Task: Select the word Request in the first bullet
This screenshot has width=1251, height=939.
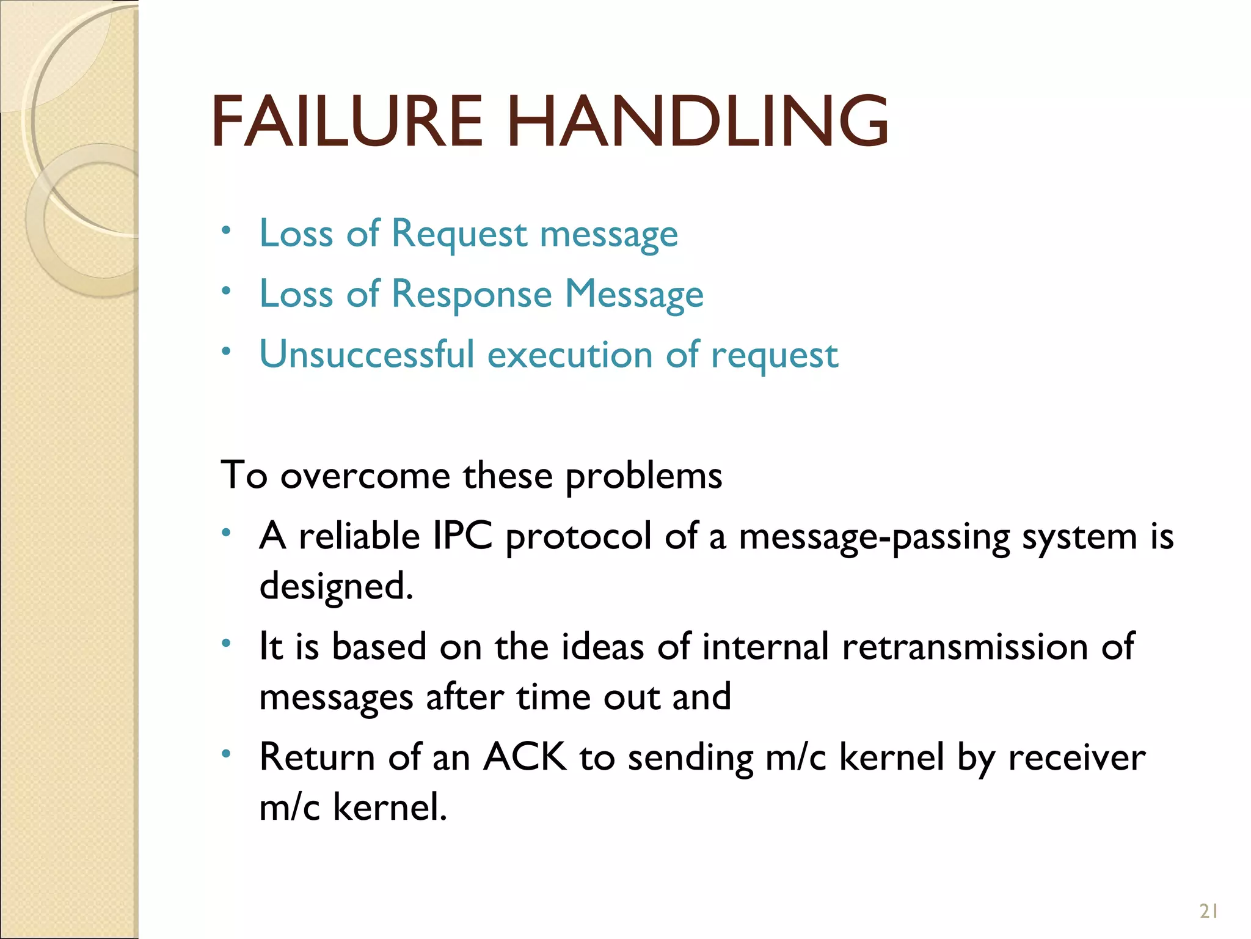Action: (x=459, y=234)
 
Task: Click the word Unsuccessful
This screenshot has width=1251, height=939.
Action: (x=367, y=355)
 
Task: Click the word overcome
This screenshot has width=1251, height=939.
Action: (x=365, y=476)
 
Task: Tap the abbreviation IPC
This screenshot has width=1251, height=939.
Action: (x=462, y=536)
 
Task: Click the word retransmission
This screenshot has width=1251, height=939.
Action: (x=965, y=647)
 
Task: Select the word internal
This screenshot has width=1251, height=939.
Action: (x=765, y=647)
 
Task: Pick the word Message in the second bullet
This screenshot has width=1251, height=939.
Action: (x=634, y=295)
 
